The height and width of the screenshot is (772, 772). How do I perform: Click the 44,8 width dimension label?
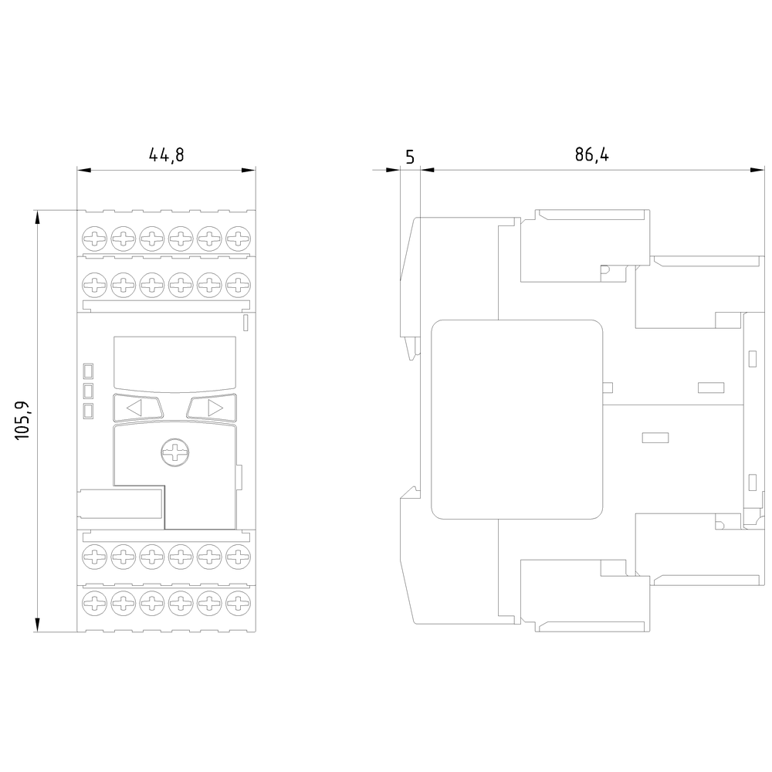167,155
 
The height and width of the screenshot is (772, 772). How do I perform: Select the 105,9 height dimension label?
22,421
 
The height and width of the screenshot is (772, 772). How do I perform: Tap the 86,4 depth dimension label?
592,154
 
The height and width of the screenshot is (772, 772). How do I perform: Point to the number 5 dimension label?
410,157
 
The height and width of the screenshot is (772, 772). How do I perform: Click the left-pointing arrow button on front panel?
138,408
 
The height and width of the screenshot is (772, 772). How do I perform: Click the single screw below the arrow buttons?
175,452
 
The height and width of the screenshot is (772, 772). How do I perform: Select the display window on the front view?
174,364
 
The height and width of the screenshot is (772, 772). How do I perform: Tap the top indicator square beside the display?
89,371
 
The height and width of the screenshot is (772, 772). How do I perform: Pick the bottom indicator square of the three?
89,411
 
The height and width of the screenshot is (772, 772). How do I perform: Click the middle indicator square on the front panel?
89,391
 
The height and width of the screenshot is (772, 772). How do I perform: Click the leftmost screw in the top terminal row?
94,239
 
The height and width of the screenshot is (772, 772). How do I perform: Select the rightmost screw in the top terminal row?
238,239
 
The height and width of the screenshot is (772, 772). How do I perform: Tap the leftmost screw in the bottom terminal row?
94,603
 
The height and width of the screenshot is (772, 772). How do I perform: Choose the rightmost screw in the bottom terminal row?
238,603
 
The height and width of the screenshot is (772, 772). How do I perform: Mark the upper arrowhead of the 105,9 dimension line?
37,217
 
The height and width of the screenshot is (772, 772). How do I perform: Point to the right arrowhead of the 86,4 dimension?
757,170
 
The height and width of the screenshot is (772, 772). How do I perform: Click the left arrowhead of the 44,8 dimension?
84,171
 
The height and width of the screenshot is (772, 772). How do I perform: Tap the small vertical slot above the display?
246,323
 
